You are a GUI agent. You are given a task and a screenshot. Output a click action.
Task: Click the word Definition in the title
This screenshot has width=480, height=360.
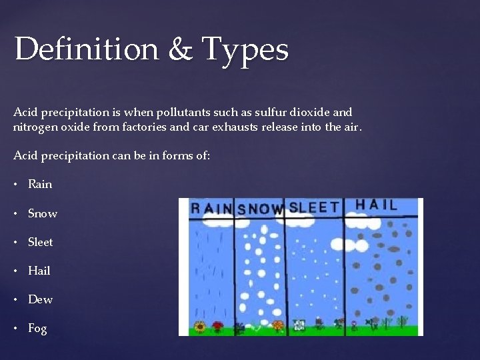click(85, 49)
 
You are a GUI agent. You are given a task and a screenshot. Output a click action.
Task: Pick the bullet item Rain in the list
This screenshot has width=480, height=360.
click(40, 184)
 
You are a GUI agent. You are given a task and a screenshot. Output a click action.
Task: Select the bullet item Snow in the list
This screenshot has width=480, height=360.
click(43, 213)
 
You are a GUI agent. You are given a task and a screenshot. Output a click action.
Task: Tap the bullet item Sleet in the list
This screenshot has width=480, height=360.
click(41, 242)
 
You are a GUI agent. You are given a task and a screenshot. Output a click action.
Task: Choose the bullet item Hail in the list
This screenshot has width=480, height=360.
click(39, 271)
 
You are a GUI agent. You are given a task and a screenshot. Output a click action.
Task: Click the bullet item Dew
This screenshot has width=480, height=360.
click(40, 299)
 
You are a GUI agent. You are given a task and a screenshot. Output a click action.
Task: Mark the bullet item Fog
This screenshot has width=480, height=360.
click(37, 328)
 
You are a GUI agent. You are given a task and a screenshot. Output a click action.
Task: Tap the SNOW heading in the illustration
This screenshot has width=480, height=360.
click(261, 209)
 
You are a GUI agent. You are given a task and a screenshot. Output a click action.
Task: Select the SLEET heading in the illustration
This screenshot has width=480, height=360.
click(314, 207)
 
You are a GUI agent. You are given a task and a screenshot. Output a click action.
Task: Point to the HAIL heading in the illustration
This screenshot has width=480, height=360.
click(376, 205)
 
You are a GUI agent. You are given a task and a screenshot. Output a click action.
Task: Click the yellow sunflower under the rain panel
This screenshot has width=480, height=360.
click(199, 327)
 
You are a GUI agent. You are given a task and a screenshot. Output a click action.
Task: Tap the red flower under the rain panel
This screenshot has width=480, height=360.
click(217, 326)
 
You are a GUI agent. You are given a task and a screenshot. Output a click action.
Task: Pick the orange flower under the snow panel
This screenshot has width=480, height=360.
click(278, 326)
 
